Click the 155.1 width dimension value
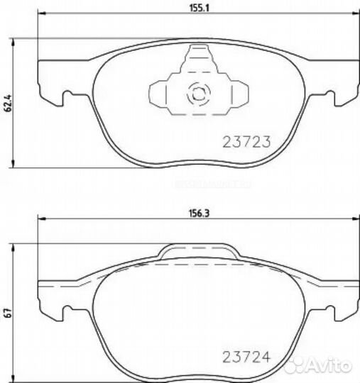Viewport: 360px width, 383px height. pos(200,9)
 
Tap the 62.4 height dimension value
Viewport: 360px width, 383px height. pos(8,104)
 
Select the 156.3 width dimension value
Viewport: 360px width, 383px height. pos(200,213)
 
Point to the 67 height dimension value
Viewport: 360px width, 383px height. pos(8,313)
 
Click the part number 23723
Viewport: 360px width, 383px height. pos(246,142)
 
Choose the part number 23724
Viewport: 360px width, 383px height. pos(246,357)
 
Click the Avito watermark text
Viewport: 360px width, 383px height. pos(327,366)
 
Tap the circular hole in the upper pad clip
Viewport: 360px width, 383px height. pos(199,94)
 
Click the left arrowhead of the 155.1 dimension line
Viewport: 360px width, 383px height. pos(42,13)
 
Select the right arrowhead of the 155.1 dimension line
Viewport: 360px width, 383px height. pos(356,13)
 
